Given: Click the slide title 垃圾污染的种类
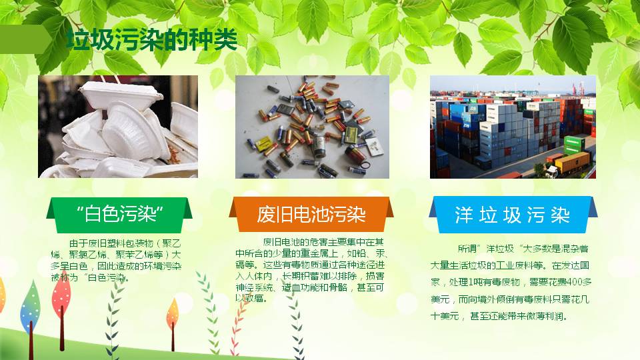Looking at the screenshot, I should click(x=152, y=40).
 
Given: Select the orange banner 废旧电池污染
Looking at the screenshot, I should click(x=311, y=215).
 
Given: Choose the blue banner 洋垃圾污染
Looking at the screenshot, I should click(x=512, y=215).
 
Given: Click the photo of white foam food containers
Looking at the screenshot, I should click(x=118, y=127).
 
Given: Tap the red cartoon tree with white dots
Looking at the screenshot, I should click(x=61, y=300).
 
